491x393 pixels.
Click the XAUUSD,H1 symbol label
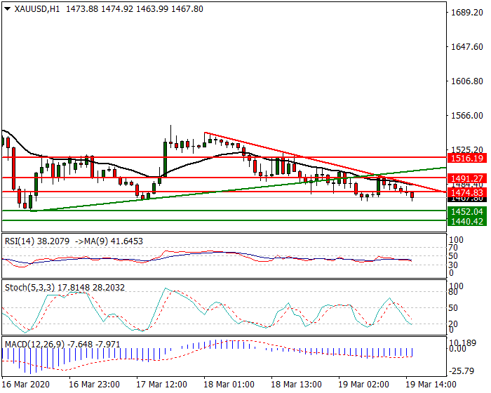33,8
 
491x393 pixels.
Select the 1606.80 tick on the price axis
467,81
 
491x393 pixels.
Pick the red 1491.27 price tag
466,178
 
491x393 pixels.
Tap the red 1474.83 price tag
466,192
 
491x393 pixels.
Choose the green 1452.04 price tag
466,211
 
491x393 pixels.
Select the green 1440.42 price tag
466,221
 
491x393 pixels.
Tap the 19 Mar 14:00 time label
429,385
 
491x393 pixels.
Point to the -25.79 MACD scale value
462,371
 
